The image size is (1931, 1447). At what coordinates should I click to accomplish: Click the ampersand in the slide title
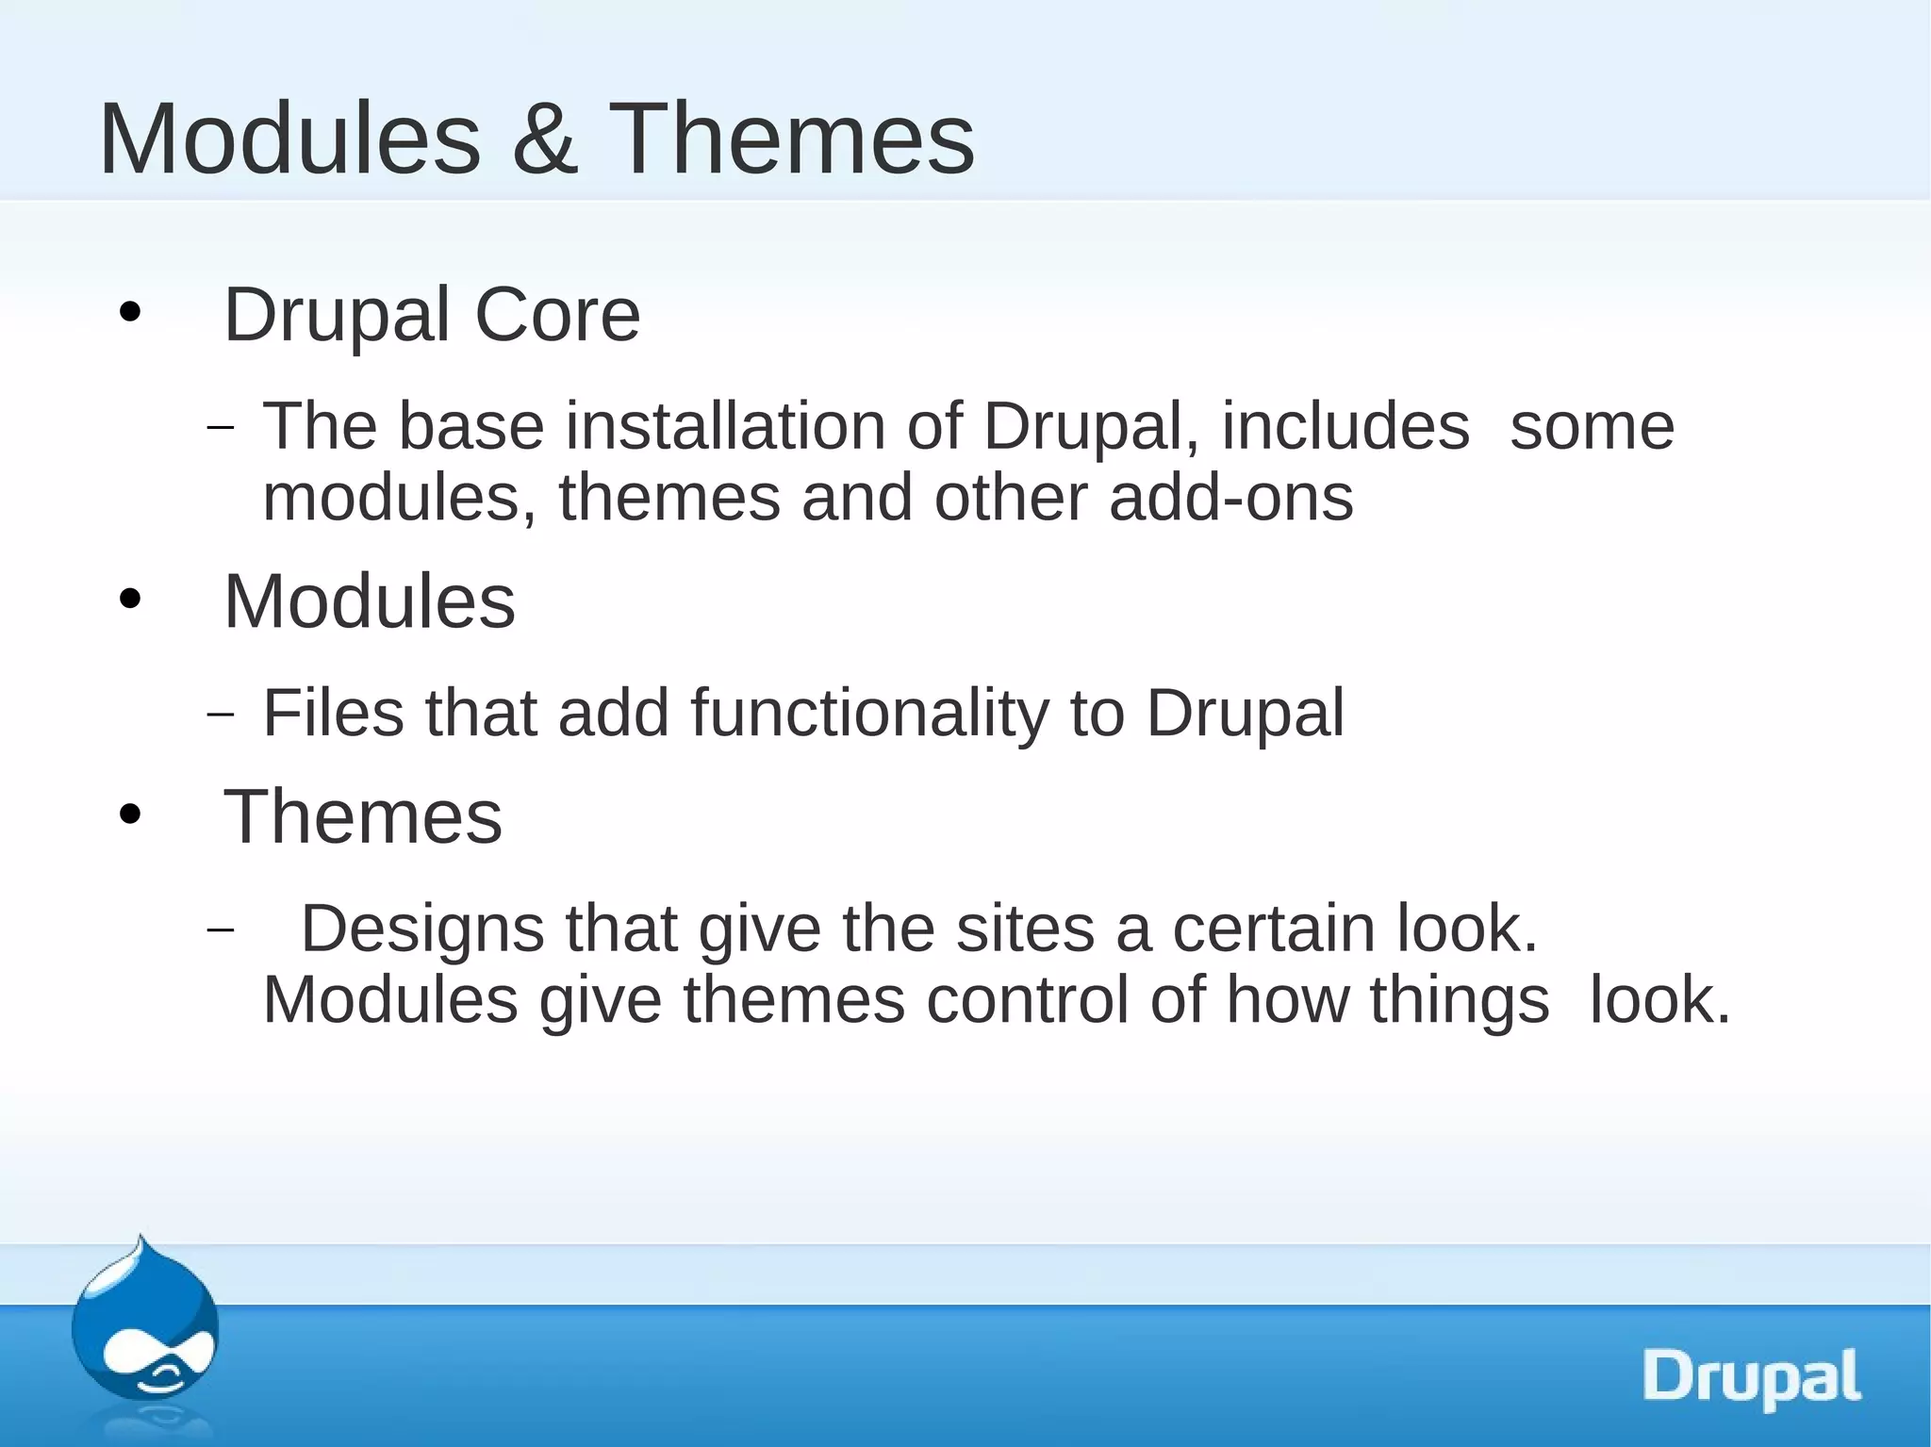pyautogui.click(x=545, y=140)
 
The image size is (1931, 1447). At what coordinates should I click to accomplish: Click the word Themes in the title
pyautogui.click(x=792, y=140)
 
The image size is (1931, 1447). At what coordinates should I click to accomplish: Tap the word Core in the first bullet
pyautogui.click(x=556, y=315)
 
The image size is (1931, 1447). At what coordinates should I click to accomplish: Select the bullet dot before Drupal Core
pyautogui.click(x=130, y=313)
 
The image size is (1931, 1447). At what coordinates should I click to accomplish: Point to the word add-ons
pyautogui.click(x=1230, y=498)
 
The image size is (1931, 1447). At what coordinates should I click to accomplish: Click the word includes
pyautogui.click(x=1345, y=426)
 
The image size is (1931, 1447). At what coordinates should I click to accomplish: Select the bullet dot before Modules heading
pyautogui.click(x=130, y=600)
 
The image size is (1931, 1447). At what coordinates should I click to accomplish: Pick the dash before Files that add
pyautogui.click(x=220, y=715)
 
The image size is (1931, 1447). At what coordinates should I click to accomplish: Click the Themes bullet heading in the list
pyautogui.click(x=363, y=816)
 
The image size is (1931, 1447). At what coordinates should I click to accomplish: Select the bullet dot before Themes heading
pyautogui.click(x=130, y=814)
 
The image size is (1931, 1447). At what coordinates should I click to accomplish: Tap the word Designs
pyautogui.click(x=422, y=929)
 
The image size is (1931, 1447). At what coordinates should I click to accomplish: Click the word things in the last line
pyautogui.click(x=1459, y=999)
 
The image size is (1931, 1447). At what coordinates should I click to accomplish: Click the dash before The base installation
pyautogui.click(x=220, y=429)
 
